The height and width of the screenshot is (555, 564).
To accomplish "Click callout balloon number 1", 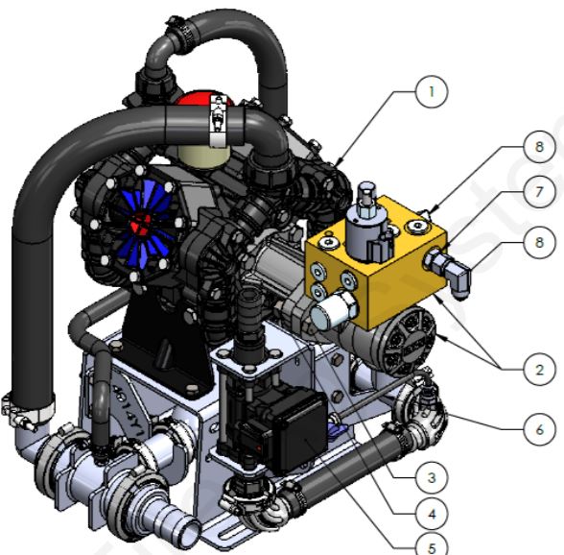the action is tap(432, 92).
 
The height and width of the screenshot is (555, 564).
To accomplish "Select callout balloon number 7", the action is tap(539, 192).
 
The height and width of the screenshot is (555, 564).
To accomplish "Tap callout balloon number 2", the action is tap(539, 369).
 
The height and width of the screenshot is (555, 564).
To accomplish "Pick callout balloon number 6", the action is tap(539, 429).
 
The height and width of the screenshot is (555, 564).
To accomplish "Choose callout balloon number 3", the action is tap(432, 477).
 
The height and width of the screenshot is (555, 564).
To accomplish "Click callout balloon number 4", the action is tap(432, 514).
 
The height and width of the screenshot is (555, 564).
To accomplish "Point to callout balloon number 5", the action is tap(432, 546).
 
